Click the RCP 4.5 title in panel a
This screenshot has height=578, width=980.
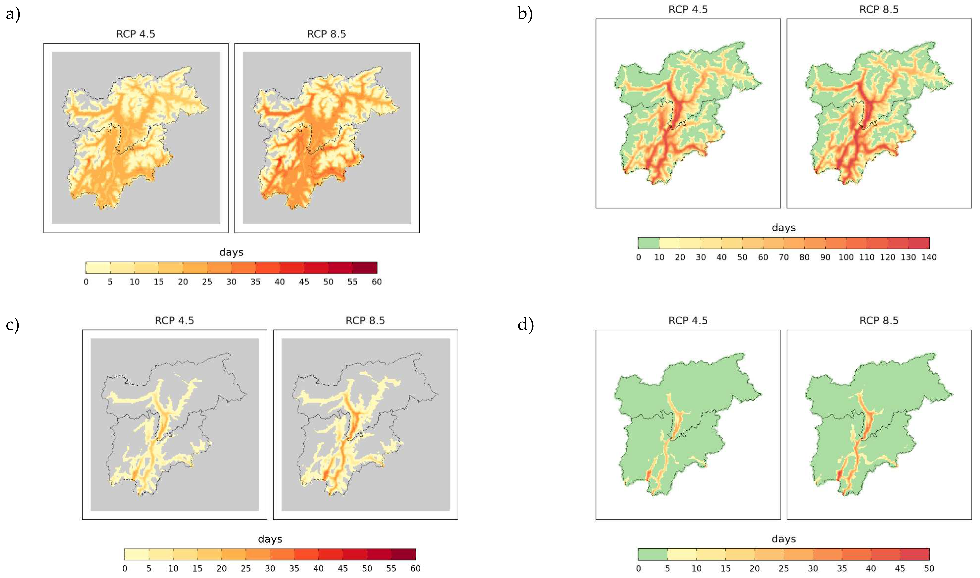pyautogui.click(x=136, y=34)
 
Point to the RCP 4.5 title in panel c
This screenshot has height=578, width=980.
pyautogui.click(x=174, y=321)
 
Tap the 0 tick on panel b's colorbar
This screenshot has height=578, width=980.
pyautogui.click(x=638, y=257)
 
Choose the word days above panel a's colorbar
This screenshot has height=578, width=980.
pyautogui.click(x=231, y=252)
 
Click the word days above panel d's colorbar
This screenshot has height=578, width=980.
pyautogui.click(x=784, y=539)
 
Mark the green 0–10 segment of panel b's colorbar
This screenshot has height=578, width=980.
pyautogui.click(x=648, y=243)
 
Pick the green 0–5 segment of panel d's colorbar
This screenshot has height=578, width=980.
pyautogui.click(x=652, y=554)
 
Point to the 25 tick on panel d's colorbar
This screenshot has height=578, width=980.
pyautogui.click(x=784, y=569)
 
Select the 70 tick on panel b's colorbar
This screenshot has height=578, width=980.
pyautogui.click(x=784, y=257)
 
